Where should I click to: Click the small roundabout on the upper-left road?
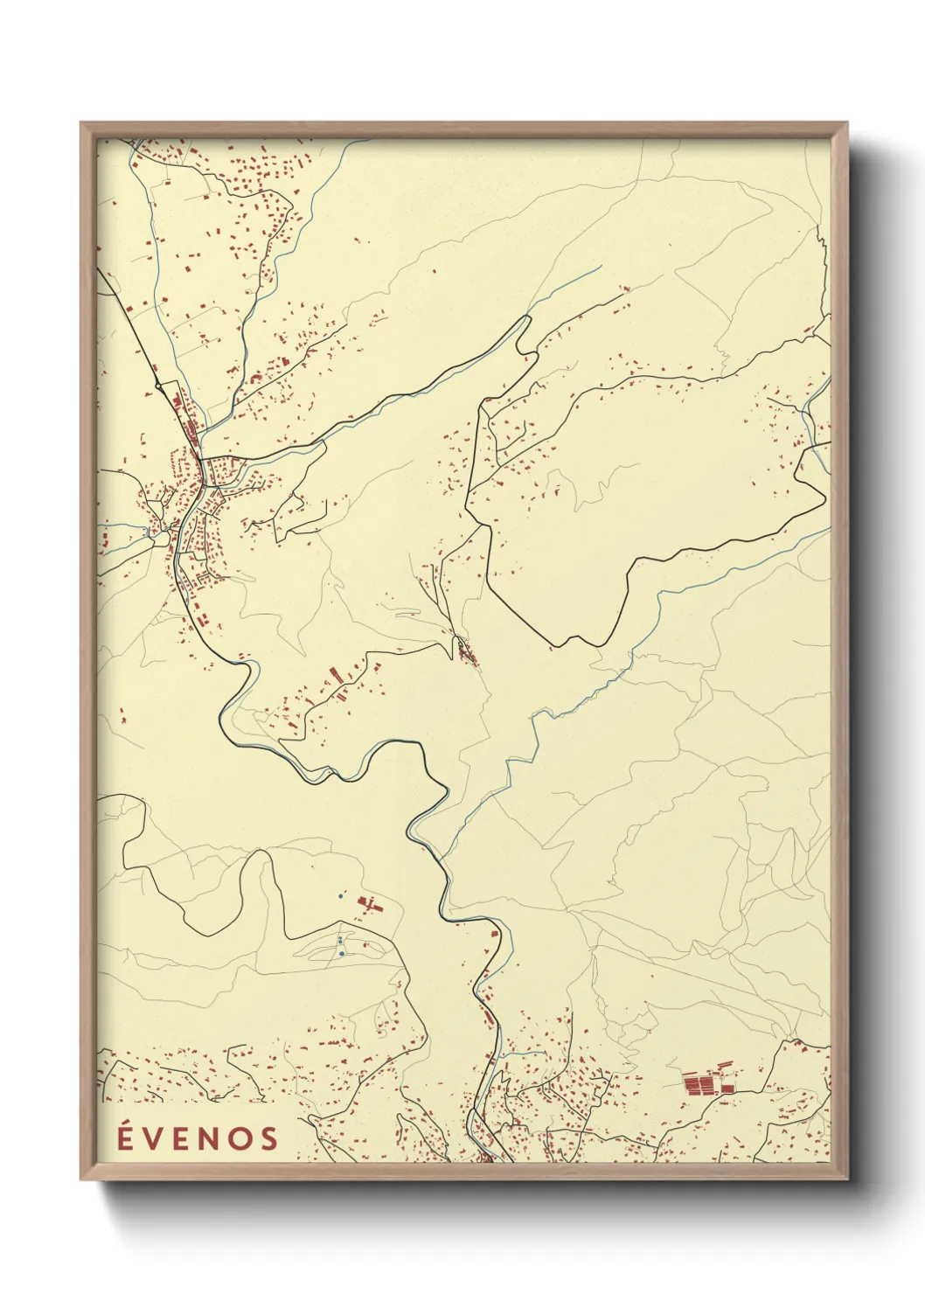157,384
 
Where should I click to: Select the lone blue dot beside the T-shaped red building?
340,896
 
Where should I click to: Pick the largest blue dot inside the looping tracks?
342,954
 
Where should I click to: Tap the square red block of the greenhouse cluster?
727,1088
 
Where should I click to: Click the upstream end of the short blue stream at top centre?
600,268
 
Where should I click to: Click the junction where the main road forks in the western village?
202,461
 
